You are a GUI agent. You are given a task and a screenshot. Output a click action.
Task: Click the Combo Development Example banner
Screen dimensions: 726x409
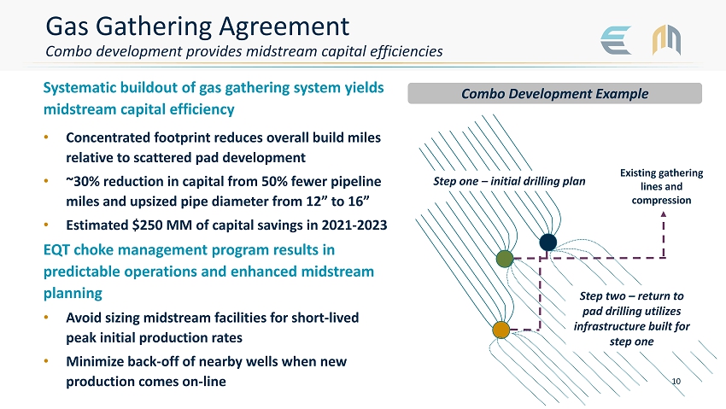pyautogui.click(x=554, y=93)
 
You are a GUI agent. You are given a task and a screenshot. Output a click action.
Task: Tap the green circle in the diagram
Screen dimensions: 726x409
pyautogui.click(x=505, y=259)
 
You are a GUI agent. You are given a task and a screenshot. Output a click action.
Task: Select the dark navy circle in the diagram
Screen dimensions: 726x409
pyautogui.click(x=547, y=243)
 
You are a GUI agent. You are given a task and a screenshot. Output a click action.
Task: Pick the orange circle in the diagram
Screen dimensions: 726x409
pyautogui.click(x=501, y=330)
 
